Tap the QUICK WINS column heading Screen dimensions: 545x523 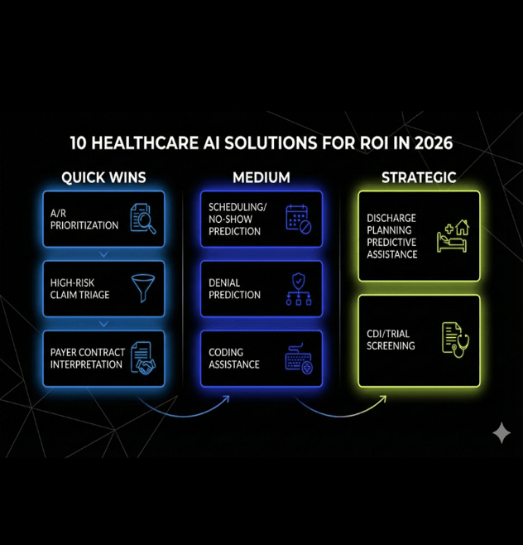pyautogui.click(x=103, y=177)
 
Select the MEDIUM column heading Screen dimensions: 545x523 pyautogui.click(x=261, y=177)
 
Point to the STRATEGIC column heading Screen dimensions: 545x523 pyautogui.click(x=419, y=177)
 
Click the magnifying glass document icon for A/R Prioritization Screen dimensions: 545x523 pyautogui.click(x=142, y=219)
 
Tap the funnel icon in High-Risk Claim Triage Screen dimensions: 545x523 pyautogui.click(x=142, y=288)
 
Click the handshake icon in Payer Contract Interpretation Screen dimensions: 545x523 pyautogui.click(x=142, y=358)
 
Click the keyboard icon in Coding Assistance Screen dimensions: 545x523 pyautogui.click(x=299, y=358)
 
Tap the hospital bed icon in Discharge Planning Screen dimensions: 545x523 pyautogui.click(x=453, y=235)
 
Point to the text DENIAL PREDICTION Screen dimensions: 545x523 pyautogui.click(x=234, y=289)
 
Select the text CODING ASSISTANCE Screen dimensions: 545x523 pyautogui.click(x=234, y=359)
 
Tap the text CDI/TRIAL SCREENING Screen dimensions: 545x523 pyautogui.click(x=391, y=340)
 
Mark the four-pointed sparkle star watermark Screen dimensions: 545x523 pyautogui.click(x=501, y=433)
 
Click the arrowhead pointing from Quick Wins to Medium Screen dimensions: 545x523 pyautogui.click(x=227, y=399)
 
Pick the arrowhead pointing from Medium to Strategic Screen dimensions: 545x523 pyautogui.click(x=382, y=399)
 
